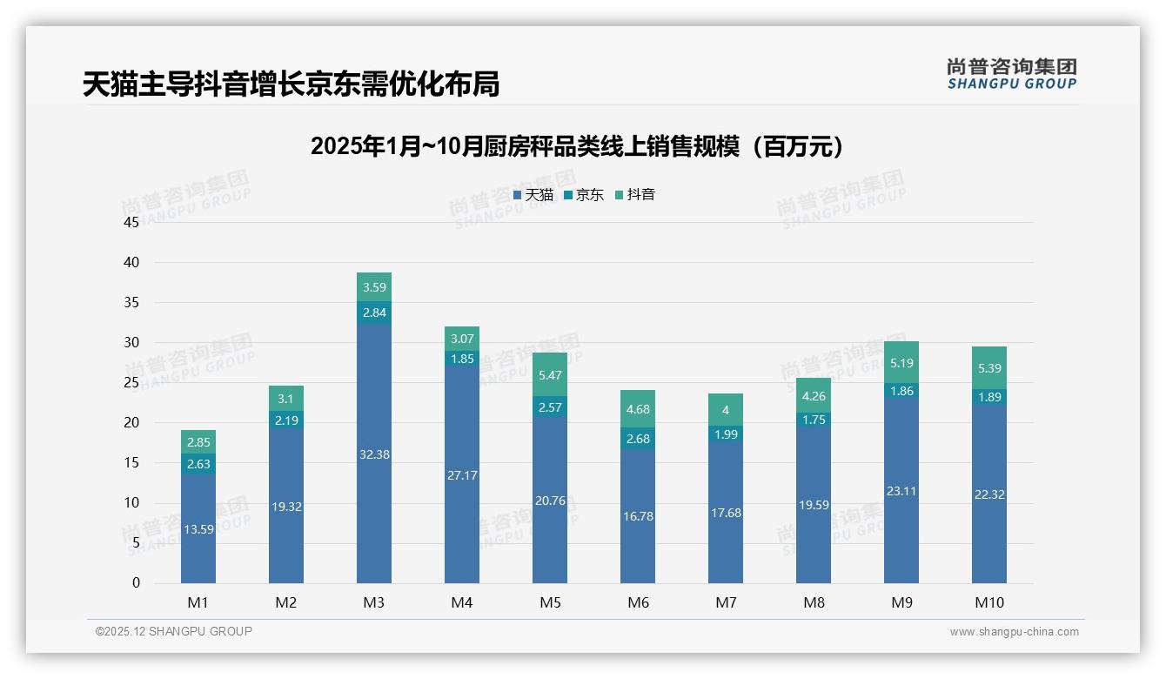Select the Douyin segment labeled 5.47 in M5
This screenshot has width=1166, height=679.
(x=550, y=375)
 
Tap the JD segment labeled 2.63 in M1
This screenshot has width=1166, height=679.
(x=198, y=464)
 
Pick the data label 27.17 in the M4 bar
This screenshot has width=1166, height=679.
(x=462, y=475)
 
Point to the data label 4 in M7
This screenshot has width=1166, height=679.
(x=726, y=410)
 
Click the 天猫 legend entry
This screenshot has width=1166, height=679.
(x=533, y=195)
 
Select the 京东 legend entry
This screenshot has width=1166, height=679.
(x=584, y=195)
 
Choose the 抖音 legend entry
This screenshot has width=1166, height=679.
(x=635, y=195)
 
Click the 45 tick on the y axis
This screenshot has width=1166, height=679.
(x=131, y=222)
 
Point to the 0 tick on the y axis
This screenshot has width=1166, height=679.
(x=136, y=583)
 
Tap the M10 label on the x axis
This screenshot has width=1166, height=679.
(x=989, y=602)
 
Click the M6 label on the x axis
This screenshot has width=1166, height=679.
(x=638, y=602)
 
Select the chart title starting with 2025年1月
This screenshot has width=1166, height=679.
(x=578, y=146)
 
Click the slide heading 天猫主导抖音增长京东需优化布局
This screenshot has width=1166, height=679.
(x=291, y=84)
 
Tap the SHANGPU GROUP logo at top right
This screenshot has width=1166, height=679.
(x=1012, y=74)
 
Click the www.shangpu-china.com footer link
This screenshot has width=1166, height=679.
(x=1014, y=632)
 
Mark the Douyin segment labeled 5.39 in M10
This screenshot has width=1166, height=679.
(x=989, y=367)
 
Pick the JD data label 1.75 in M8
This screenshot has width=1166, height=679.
(x=814, y=420)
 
